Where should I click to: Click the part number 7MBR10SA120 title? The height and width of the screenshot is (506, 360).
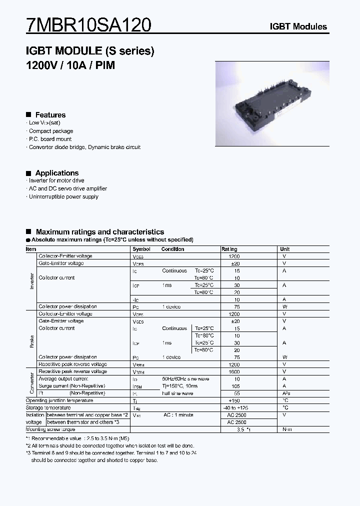pos(88,24)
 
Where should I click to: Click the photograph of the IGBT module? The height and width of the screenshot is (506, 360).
pos(272,103)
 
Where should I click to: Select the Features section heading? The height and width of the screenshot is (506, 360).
pos(50,115)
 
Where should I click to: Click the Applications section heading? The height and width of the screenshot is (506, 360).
pos(56,173)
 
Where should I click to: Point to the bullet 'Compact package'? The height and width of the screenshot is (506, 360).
pos(50,131)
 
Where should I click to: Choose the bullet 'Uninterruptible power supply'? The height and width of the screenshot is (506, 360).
pos(63,196)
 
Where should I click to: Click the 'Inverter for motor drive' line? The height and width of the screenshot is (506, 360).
pos(56,180)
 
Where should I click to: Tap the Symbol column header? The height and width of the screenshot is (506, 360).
pos(141,249)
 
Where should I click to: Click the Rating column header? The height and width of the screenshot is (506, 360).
pos(229,249)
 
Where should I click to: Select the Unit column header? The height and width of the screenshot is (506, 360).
pos(285,249)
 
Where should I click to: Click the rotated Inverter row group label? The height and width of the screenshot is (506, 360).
pos(31,281)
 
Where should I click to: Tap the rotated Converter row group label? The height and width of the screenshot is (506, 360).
pos(31,382)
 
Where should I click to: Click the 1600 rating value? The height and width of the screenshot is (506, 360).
pos(234,372)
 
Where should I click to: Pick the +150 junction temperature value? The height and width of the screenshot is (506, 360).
pos(234,401)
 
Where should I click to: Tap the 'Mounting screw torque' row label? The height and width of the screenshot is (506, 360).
pos(50,429)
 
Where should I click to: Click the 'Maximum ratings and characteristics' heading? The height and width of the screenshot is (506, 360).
pos(99,232)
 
